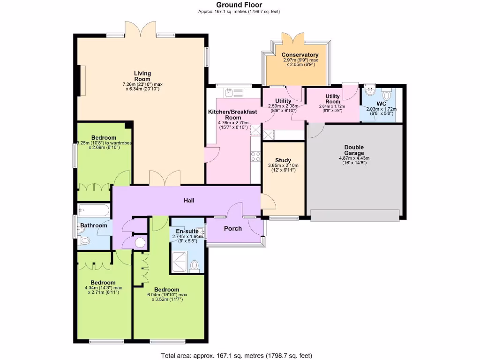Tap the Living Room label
142,76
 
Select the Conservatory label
300,55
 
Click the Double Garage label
354,150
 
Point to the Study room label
283,160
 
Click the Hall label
189,201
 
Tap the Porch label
233,228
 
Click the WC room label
381,103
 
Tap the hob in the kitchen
256,156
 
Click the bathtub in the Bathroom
93,210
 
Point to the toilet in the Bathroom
84,240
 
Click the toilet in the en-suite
195,266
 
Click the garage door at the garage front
355,215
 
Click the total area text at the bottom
236,355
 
